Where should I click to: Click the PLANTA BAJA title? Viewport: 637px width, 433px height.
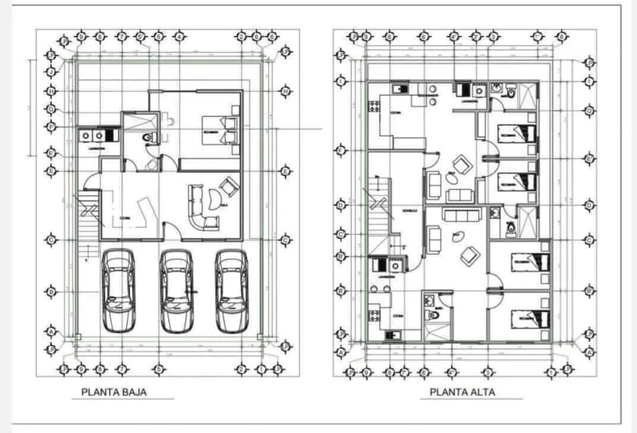(x=114, y=392)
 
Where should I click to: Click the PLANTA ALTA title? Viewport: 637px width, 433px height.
(x=462, y=392)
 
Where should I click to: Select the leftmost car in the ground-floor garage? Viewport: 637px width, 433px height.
(x=118, y=291)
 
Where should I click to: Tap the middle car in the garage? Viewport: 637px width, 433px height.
(x=176, y=291)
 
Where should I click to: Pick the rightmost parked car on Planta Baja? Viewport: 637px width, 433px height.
(x=232, y=291)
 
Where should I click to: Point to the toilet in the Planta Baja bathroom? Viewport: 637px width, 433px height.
(x=151, y=137)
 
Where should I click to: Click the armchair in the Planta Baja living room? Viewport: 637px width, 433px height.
(x=228, y=187)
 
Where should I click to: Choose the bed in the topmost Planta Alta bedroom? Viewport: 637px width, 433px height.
(x=517, y=133)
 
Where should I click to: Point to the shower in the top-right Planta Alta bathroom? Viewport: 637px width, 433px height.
(x=527, y=98)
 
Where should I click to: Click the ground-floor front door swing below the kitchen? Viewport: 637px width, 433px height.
(x=172, y=228)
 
